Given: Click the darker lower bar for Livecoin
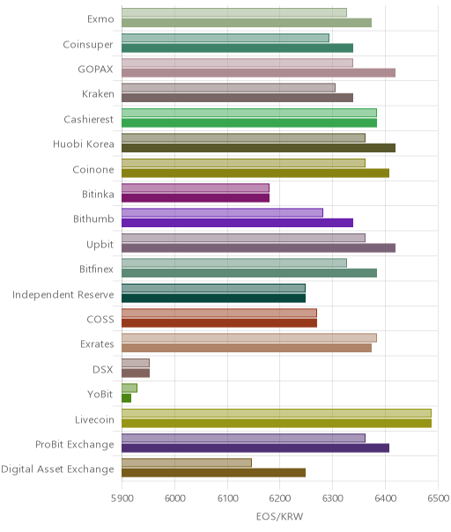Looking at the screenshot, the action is click(x=277, y=423).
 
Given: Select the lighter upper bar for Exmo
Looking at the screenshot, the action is click(x=234, y=12).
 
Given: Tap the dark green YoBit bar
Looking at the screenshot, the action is click(x=126, y=398).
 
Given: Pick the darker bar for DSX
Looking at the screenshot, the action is click(x=136, y=373).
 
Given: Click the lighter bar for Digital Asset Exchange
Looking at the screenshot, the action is click(x=187, y=462).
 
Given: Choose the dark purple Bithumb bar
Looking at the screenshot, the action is click(x=238, y=223).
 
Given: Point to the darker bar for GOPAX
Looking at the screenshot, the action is click(x=259, y=72).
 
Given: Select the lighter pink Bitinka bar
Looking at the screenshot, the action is click(x=196, y=188).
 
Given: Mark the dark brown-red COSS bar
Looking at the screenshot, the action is click(x=219, y=323).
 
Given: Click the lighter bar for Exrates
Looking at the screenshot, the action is click(x=249, y=338).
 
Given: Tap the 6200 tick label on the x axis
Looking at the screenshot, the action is click(x=279, y=498).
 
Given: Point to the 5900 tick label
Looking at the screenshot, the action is click(x=122, y=498).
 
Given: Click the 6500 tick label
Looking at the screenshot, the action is click(x=438, y=498).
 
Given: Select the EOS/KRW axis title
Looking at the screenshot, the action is click(x=279, y=516).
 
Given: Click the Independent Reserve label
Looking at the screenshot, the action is click(x=63, y=294).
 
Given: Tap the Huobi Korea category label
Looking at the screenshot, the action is click(x=84, y=144).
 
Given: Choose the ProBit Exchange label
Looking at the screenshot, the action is click(x=75, y=445).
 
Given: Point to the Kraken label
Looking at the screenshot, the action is click(x=98, y=94).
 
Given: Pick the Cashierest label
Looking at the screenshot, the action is click(x=89, y=120).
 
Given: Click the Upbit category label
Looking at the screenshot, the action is click(x=100, y=245).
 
